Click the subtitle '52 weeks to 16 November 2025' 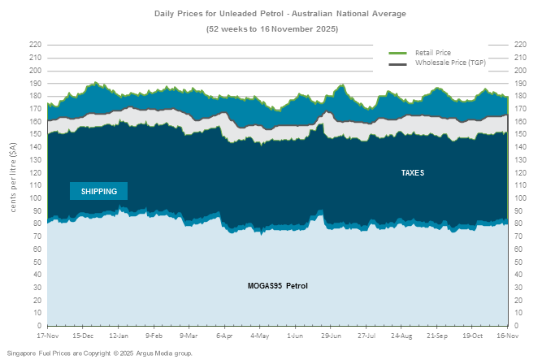(x=271, y=29)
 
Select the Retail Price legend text (x=432, y=53)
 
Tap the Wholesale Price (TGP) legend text (x=450, y=63)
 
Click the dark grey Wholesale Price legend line (x=397, y=63)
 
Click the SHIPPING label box (x=98, y=191)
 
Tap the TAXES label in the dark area (x=413, y=173)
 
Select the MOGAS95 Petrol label (x=277, y=286)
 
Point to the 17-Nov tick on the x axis (x=47, y=335)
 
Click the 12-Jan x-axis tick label (x=119, y=335)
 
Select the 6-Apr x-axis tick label (x=224, y=335)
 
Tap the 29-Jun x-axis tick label (x=331, y=335)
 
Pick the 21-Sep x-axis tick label (x=436, y=335)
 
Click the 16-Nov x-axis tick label (x=507, y=335)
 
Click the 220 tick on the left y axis (x=35, y=45)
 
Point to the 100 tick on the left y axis (x=35, y=197)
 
